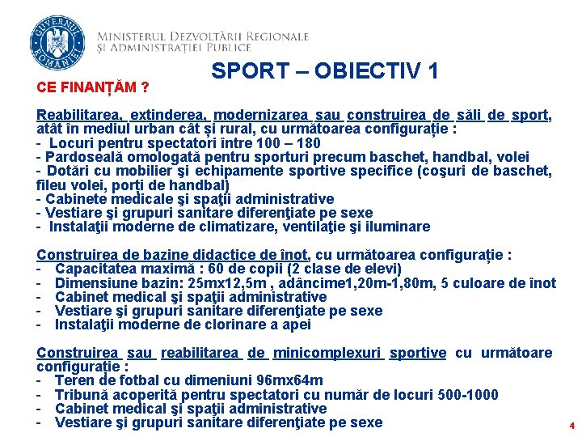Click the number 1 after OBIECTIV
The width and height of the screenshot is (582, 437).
coord(432,71)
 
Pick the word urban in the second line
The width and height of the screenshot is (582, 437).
coord(169,129)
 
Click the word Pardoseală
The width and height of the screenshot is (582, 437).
coord(83,157)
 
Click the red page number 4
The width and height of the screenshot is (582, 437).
coord(571,425)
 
